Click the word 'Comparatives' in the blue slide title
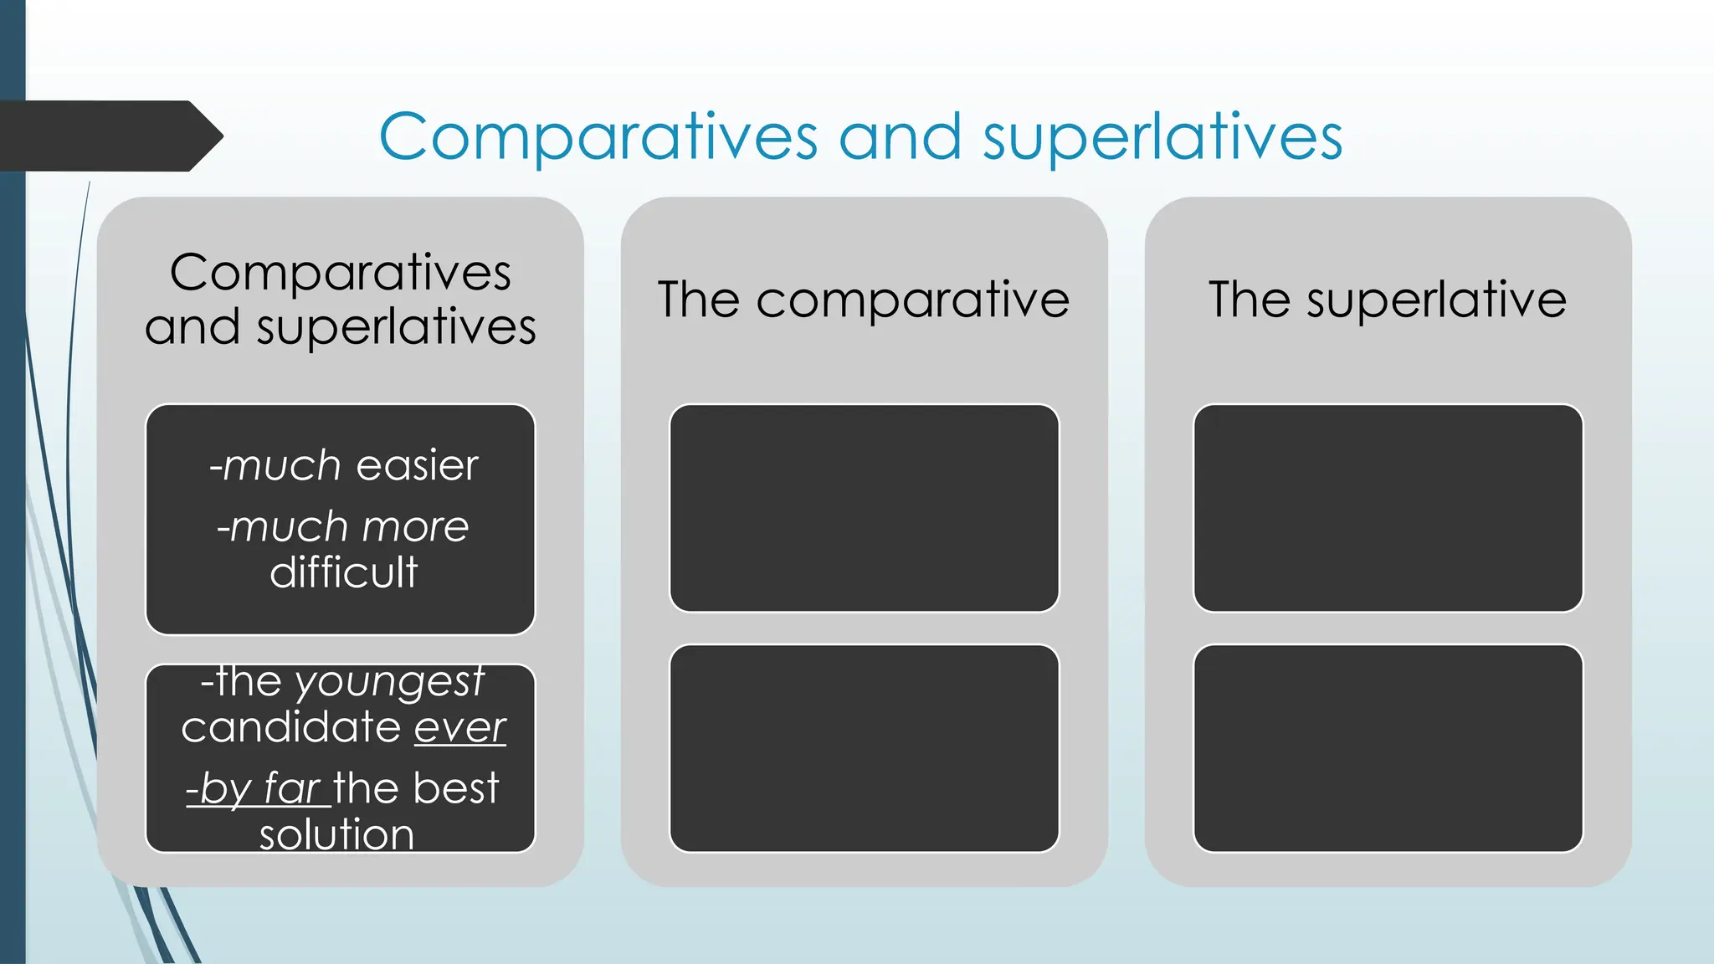[x=598, y=137]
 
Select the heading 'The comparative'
[x=864, y=300]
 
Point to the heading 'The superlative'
[x=1388, y=300]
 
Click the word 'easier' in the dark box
[x=417, y=465]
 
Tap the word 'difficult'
[x=343, y=572]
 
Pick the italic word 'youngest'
[x=389, y=681]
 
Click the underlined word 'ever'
[x=460, y=726]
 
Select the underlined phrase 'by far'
[x=259, y=788]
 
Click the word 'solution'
[x=336, y=834]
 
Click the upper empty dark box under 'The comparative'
[x=864, y=508]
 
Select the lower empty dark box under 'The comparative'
[x=864, y=748]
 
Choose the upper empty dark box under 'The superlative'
[x=1388, y=508]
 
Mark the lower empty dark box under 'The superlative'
[x=1388, y=748]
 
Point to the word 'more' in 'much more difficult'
[x=415, y=527]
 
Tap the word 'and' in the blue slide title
[x=900, y=137]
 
